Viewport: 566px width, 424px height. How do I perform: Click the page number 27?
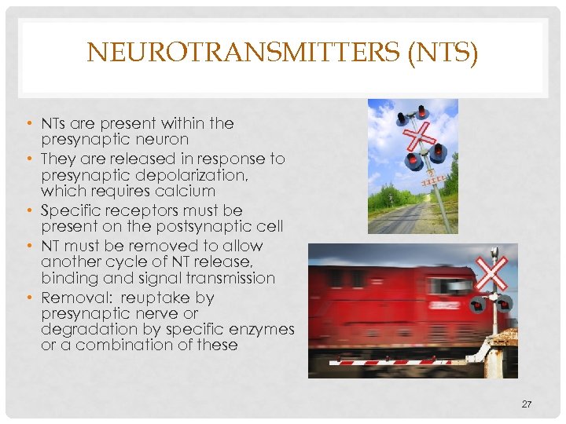(x=526, y=404)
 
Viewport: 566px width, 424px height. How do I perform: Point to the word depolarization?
(x=189, y=175)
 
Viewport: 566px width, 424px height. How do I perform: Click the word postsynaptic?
(x=197, y=227)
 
